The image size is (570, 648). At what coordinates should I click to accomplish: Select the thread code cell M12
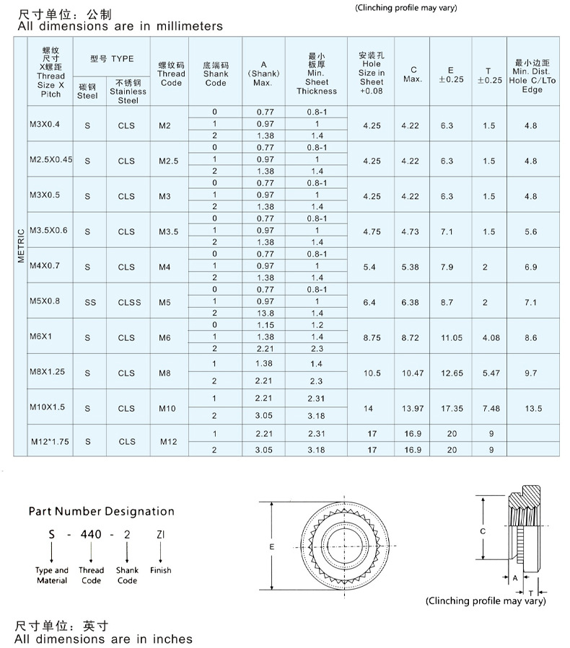(168, 442)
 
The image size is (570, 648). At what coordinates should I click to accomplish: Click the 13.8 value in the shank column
(266, 314)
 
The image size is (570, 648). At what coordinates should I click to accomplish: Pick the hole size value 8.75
(372, 337)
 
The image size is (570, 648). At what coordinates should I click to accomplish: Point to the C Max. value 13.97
(413, 409)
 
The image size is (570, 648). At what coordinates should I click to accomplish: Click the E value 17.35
(452, 409)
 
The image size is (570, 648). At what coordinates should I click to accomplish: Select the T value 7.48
(491, 409)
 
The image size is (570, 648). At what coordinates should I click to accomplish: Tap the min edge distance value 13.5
(533, 409)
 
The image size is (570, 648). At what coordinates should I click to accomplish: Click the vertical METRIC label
(21, 246)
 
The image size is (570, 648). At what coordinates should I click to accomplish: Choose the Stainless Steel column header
(128, 92)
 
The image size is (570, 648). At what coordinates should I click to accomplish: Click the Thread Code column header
(171, 74)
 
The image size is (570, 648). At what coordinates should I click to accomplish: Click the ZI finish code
(160, 536)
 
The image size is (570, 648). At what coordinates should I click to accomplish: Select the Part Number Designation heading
(101, 511)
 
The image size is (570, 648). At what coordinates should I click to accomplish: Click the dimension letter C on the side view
(482, 531)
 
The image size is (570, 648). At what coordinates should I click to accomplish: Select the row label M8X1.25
(48, 372)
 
